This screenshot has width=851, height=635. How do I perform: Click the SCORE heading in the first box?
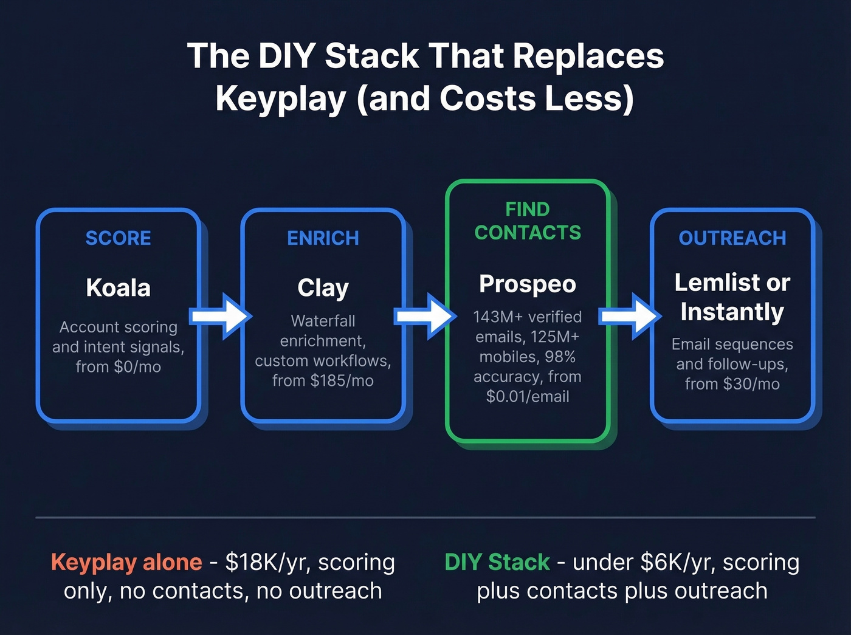[x=118, y=238]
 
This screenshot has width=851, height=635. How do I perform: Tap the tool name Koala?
[x=118, y=288]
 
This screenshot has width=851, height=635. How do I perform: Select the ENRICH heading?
[x=323, y=238]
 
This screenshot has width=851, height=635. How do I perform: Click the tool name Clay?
[x=323, y=288]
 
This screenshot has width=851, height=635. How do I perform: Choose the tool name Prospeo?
[x=528, y=284]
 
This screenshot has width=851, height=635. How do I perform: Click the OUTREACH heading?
[x=732, y=238]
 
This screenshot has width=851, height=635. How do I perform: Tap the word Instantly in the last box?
[x=732, y=312]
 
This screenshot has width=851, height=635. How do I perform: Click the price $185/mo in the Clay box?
[x=342, y=381]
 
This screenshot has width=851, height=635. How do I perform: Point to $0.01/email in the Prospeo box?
[x=528, y=397]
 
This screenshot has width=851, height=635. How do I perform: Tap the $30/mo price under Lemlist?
[x=751, y=384]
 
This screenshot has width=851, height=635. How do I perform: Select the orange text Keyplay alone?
[x=126, y=562]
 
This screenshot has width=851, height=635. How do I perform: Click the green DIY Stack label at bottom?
[x=497, y=562]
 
